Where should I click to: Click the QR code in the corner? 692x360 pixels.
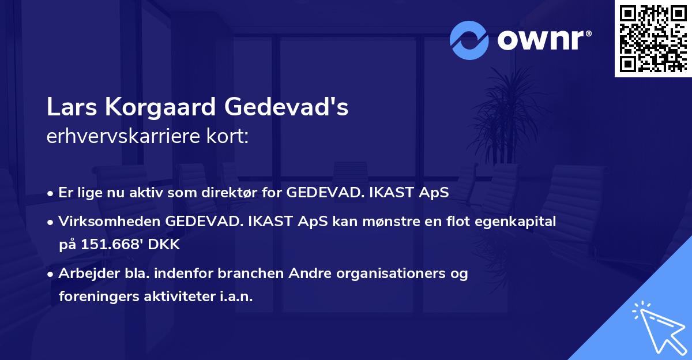(653, 39)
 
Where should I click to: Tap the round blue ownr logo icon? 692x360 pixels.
(469, 40)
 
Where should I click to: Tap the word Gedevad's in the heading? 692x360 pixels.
(287, 108)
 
